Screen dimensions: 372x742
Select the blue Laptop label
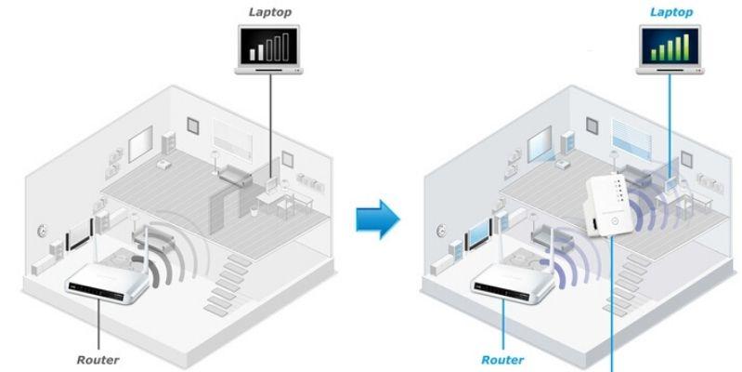[672, 11]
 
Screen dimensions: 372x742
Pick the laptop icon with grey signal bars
[268, 47]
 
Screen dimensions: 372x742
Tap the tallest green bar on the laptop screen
[690, 43]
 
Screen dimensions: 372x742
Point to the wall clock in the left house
[42, 229]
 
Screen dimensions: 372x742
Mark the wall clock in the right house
[444, 229]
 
